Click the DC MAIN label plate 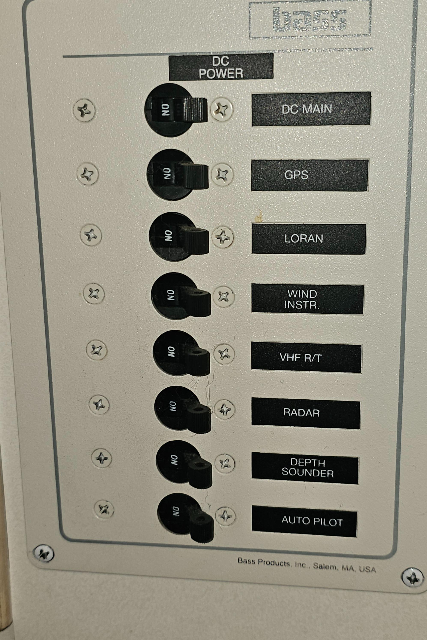[x=311, y=109]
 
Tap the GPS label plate [x=310, y=175]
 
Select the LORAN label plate [x=309, y=239]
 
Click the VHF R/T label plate [x=306, y=357]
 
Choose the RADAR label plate [x=306, y=413]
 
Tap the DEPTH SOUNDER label [x=305, y=468]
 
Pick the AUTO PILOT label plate [x=304, y=521]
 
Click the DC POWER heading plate [x=221, y=67]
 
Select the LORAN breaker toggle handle [x=197, y=240]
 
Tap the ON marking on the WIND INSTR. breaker [x=171, y=295]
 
